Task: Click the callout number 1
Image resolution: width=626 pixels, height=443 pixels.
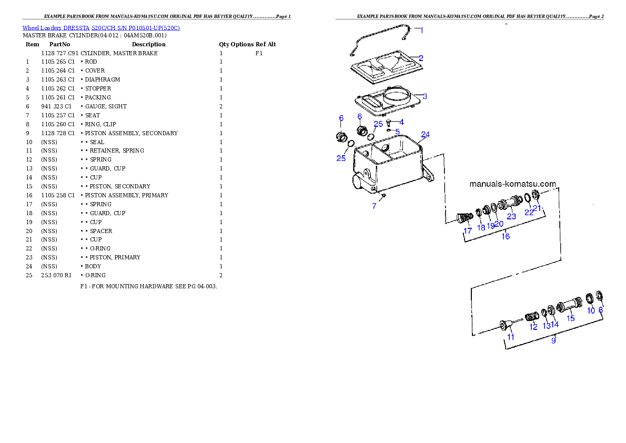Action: coord(421,31)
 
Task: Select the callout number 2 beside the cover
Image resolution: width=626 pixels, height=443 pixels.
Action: coord(421,58)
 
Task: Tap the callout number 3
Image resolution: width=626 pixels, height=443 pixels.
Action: coord(425,96)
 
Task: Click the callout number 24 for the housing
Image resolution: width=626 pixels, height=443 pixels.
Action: coord(425,135)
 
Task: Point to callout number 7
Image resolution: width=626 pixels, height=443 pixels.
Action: coord(375,206)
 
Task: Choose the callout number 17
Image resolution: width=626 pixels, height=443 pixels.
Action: coord(467,231)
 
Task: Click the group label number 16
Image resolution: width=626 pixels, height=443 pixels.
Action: coord(505,237)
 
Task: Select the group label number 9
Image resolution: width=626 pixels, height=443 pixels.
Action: coord(553,340)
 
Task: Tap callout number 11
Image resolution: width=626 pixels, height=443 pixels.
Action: coord(510,337)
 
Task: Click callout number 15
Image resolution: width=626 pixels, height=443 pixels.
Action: coord(570,318)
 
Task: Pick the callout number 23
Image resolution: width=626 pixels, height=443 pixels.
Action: coord(511,216)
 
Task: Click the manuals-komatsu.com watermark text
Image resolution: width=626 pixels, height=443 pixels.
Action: coord(512,184)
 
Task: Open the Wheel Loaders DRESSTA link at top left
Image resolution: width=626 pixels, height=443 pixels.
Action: coord(101,28)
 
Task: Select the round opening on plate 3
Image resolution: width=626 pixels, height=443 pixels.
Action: coord(398,96)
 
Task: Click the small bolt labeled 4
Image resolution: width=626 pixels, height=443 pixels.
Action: coord(388,123)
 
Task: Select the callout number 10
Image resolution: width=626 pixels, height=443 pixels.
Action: coord(591,311)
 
